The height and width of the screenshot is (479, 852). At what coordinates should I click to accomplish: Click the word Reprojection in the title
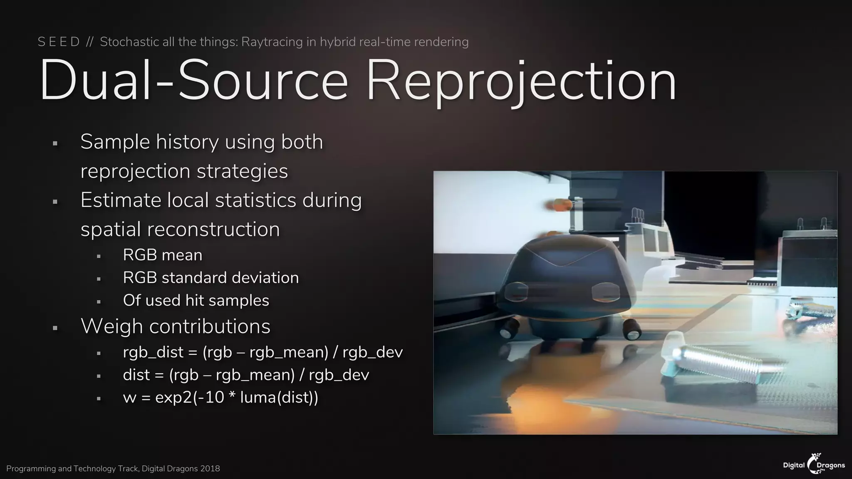click(x=521, y=81)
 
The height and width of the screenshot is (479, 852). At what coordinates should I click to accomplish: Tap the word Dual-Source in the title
click(x=193, y=81)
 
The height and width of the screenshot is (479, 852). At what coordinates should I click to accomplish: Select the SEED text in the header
click(x=59, y=42)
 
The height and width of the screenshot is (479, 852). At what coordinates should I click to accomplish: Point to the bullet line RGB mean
click(x=162, y=255)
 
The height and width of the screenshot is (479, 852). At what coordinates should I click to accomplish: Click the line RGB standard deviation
click(x=211, y=278)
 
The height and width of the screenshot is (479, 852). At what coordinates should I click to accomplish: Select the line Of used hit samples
click(x=196, y=300)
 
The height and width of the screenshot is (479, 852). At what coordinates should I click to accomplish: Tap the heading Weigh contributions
click(x=175, y=326)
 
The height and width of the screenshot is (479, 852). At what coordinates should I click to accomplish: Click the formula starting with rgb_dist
click(x=263, y=352)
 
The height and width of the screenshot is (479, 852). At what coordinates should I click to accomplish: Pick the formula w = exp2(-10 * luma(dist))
click(x=220, y=398)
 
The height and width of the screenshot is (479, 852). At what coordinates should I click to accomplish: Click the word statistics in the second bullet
click(x=255, y=200)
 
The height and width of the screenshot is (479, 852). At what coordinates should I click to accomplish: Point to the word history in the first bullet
click(x=187, y=142)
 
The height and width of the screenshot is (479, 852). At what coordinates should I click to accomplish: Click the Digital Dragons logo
click(x=814, y=464)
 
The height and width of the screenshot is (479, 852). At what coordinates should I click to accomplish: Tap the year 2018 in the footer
click(x=210, y=469)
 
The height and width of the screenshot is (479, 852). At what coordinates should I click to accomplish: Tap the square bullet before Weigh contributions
click(x=55, y=328)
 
